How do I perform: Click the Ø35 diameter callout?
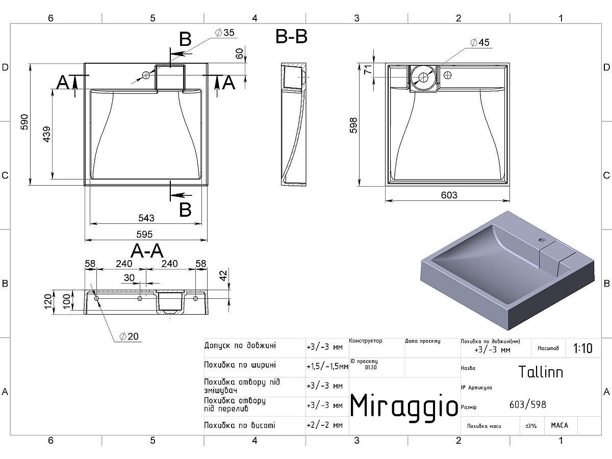point(225,33)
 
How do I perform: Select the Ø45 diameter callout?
point(480,42)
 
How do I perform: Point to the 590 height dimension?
point(24,122)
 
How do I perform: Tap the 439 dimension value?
point(47,134)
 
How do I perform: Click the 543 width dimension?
point(146,218)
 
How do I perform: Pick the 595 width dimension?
point(144,234)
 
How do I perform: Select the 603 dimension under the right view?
point(449,195)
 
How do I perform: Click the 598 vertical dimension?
point(353,125)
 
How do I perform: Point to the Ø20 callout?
point(129,337)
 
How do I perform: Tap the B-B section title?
point(291,37)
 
